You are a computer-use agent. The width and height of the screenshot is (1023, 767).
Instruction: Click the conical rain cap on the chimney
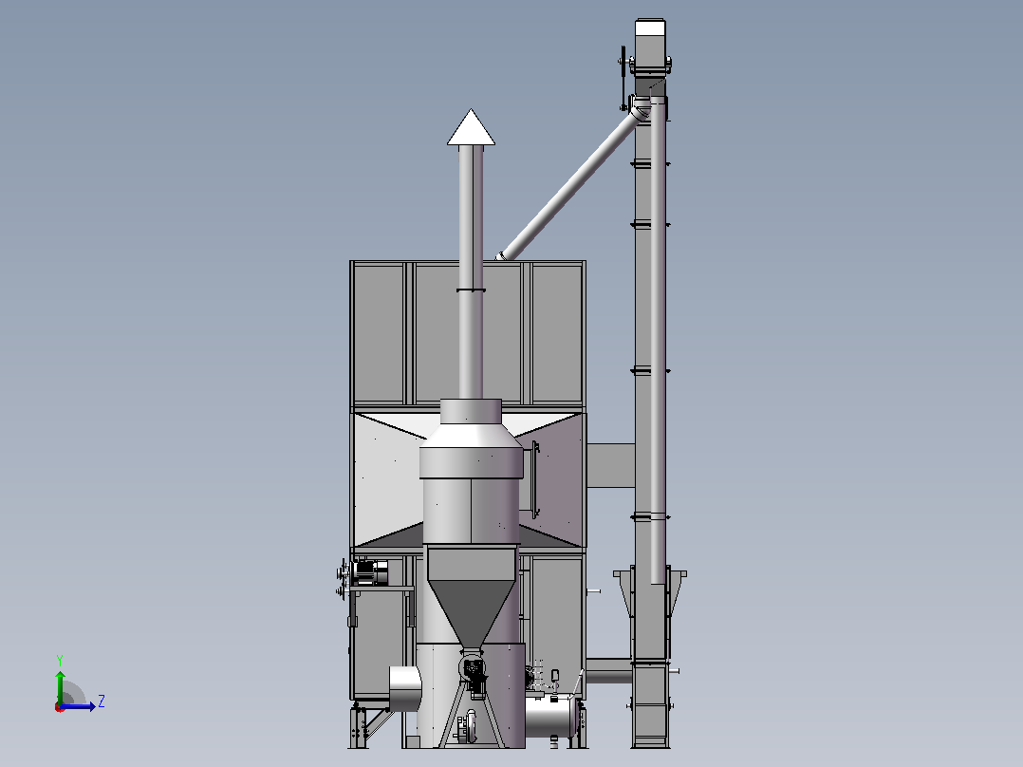coord(471,128)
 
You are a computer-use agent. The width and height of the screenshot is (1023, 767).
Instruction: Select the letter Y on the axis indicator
coord(60,660)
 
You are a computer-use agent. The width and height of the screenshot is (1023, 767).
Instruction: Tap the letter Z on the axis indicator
coord(102,702)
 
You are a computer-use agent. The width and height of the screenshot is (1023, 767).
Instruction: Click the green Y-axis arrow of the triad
coord(60,687)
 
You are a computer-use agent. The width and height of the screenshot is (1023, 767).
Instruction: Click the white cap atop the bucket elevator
coord(650,28)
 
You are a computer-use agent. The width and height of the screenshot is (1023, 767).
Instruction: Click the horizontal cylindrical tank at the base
coord(551,716)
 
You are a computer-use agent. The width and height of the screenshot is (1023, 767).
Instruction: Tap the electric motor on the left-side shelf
coord(369,572)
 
